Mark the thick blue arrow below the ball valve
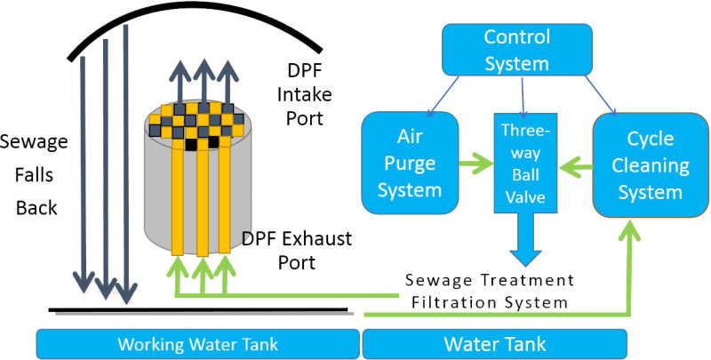(523, 244)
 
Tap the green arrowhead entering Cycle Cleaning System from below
(634, 227)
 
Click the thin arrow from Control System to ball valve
(523, 96)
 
